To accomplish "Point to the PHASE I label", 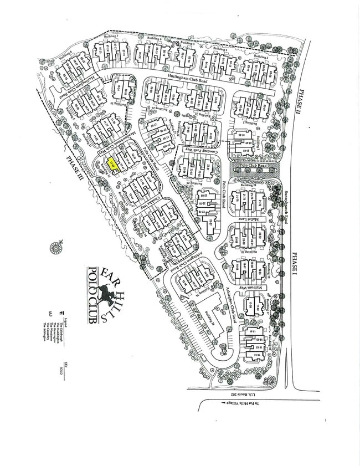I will point(294,260).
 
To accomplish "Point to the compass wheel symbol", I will point(56,248).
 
